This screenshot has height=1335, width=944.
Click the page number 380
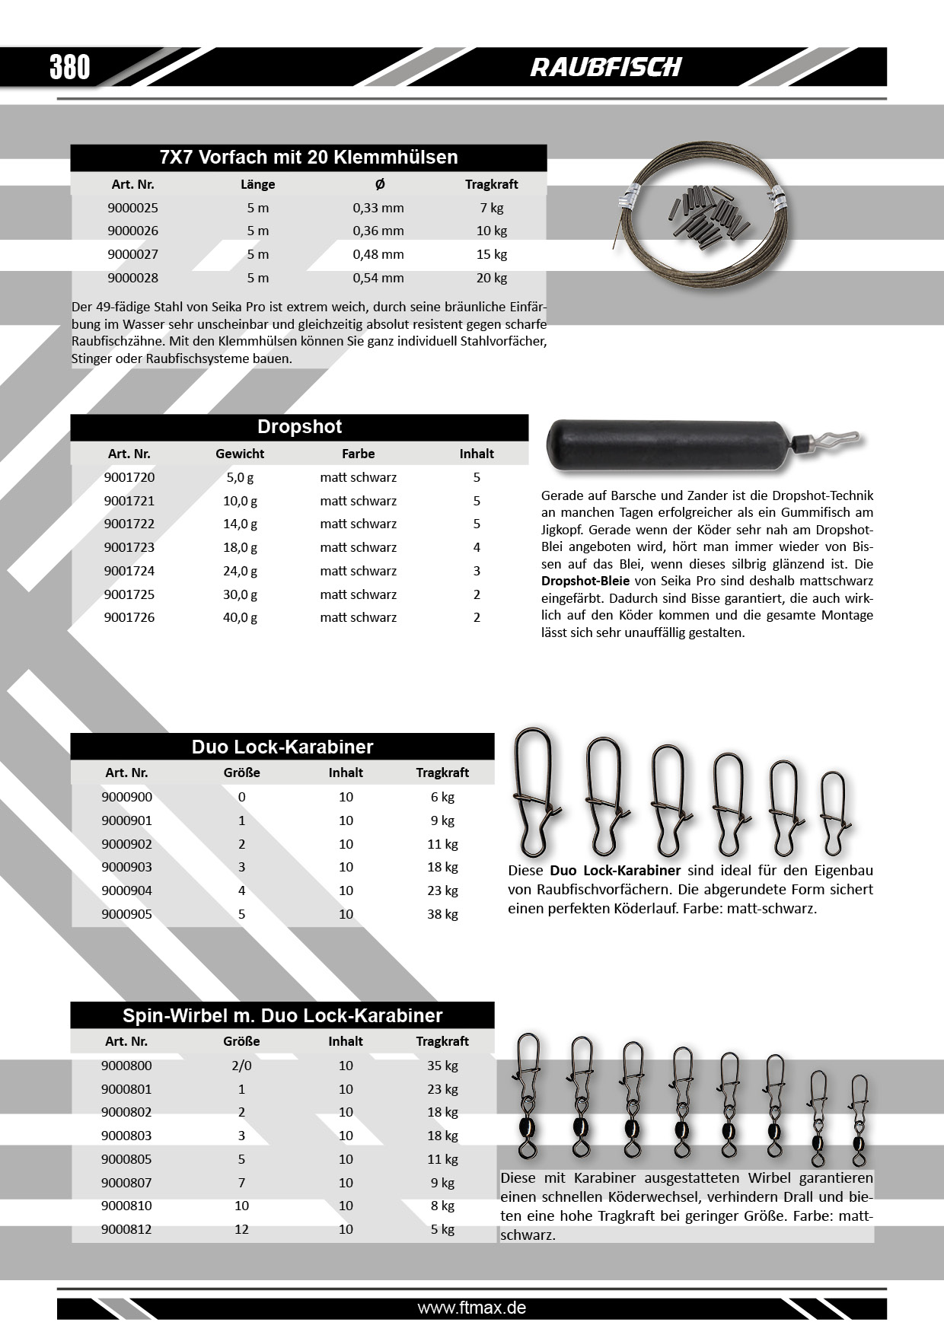tap(70, 67)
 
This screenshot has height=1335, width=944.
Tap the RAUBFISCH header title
tap(606, 67)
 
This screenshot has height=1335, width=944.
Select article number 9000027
tap(133, 254)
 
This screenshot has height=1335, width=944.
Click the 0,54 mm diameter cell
tap(378, 278)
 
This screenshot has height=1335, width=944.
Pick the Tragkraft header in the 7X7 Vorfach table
tap(492, 184)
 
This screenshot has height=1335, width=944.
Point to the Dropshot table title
tap(299, 427)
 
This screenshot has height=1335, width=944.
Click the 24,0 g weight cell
tap(240, 571)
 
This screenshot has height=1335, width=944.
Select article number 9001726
tap(129, 617)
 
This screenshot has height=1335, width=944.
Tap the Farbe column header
tap(358, 454)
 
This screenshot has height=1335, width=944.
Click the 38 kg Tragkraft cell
tap(442, 914)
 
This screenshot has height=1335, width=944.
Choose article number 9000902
tap(127, 844)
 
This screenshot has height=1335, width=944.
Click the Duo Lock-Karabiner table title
tap(282, 747)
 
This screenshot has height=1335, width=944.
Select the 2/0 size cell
tap(241, 1066)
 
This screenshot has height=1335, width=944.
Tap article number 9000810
tap(127, 1206)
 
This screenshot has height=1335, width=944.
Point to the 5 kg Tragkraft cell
tap(442, 1229)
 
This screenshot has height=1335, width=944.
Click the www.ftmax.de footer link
tap(472, 1308)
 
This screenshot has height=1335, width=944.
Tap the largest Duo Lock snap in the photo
tap(537, 792)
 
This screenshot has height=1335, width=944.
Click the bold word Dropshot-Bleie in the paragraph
tap(585, 581)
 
